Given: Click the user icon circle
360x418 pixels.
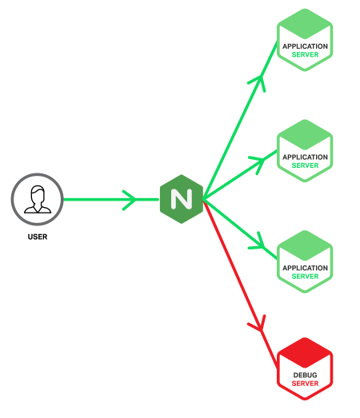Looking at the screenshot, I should [37, 199].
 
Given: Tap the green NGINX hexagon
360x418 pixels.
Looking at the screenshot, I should [181, 199].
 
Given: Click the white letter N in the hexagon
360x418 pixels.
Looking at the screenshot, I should [181, 199].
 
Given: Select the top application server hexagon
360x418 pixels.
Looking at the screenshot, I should [305, 40].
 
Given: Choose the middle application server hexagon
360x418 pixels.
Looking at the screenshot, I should [305, 151].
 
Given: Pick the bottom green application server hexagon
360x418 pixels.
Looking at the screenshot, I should [305, 262].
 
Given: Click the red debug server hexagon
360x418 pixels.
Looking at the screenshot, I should [305, 368].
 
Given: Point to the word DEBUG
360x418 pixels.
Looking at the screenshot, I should [305, 375].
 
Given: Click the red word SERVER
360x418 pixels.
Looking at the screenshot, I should [305, 384].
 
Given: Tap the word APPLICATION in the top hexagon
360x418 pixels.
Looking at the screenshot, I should [305, 46].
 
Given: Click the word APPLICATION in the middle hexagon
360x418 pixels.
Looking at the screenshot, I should [305, 157].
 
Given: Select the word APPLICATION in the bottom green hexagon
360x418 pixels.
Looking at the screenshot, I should [305, 269].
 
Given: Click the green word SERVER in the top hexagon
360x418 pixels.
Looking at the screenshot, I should [305, 55].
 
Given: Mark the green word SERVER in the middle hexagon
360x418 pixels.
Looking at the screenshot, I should [305, 166].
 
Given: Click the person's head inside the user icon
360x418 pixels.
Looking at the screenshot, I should [37, 194].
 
